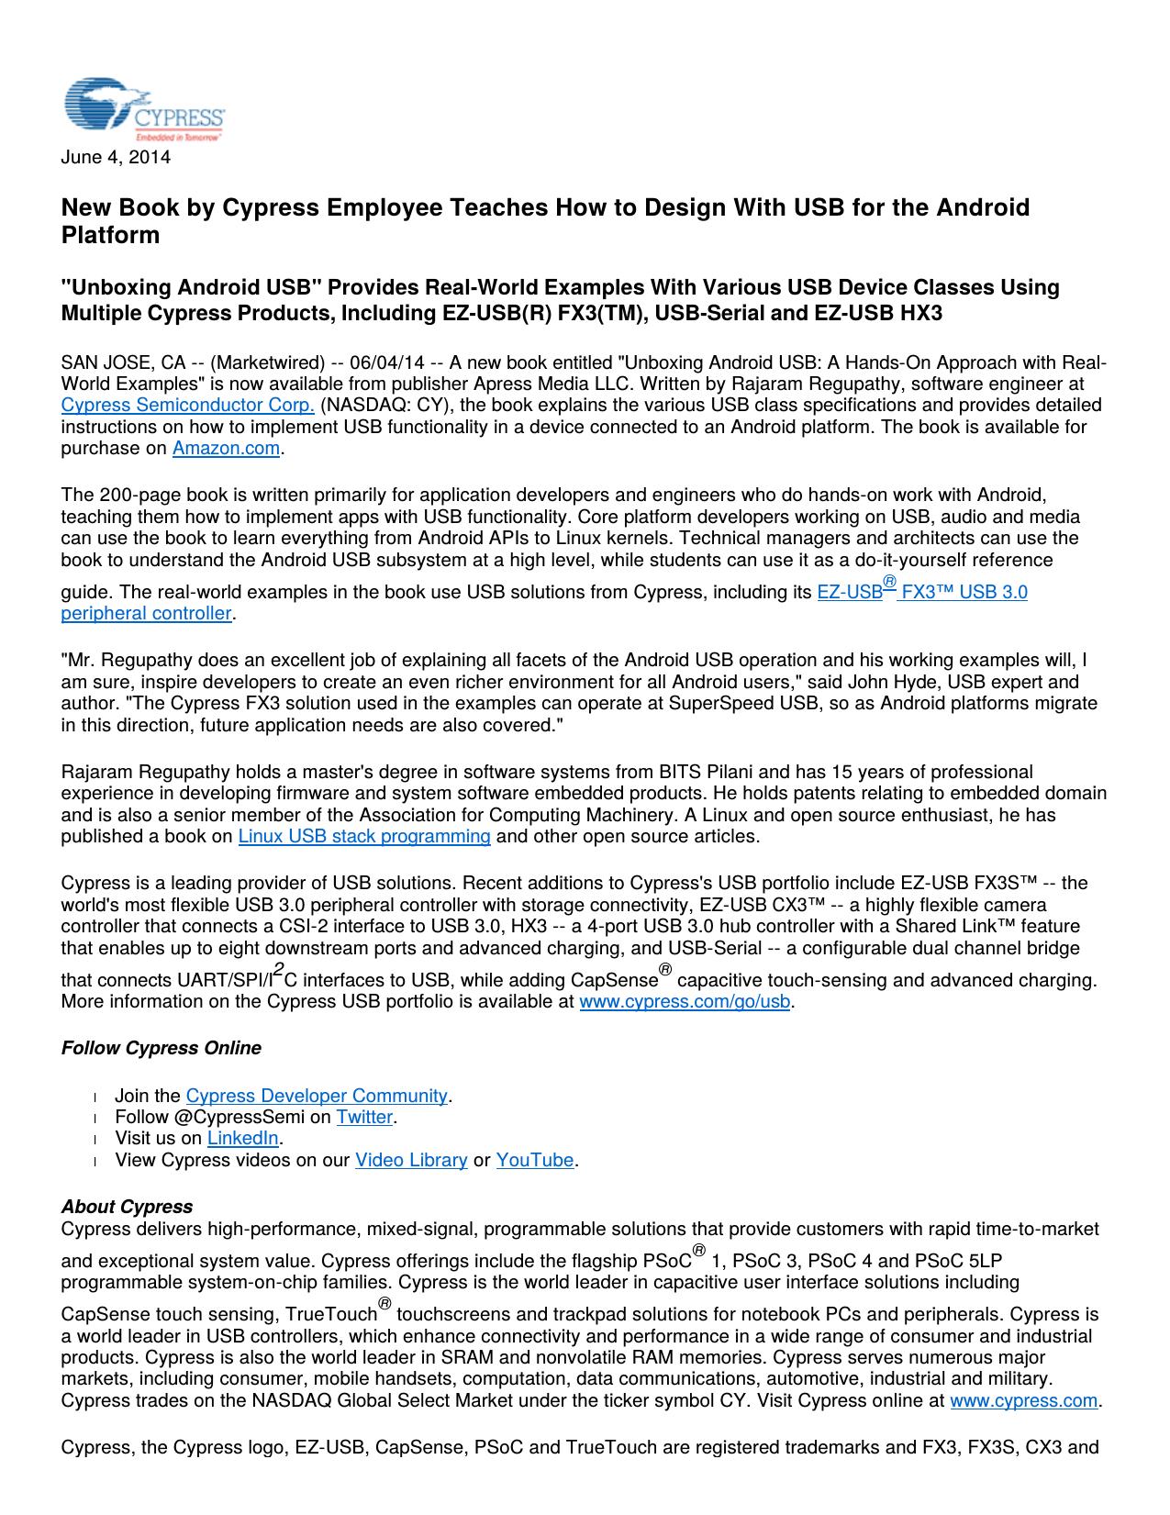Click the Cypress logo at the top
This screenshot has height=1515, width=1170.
[x=143, y=109]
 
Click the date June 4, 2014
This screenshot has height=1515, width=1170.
[x=116, y=157]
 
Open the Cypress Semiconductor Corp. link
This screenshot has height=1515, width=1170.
[x=188, y=405]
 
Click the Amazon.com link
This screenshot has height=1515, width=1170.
[x=226, y=448]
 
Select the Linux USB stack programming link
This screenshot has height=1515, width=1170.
[x=364, y=836]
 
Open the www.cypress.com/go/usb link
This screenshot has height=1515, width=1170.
[x=685, y=1001]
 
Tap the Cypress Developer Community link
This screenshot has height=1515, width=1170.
[x=317, y=1096]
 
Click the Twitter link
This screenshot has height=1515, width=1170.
[x=364, y=1117]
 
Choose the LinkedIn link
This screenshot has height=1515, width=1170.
[x=242, y=1138]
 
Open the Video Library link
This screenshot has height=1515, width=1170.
[x=411, y=1160]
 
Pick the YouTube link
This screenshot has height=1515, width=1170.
[x=535, y=1160]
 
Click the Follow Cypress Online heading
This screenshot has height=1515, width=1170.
[x=162, y=1048]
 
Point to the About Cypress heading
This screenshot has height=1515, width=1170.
[x=127, y=1207]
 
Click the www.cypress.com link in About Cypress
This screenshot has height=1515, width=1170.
[x=1023, y=1400]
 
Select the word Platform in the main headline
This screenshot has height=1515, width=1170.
[x=110, y=235]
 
